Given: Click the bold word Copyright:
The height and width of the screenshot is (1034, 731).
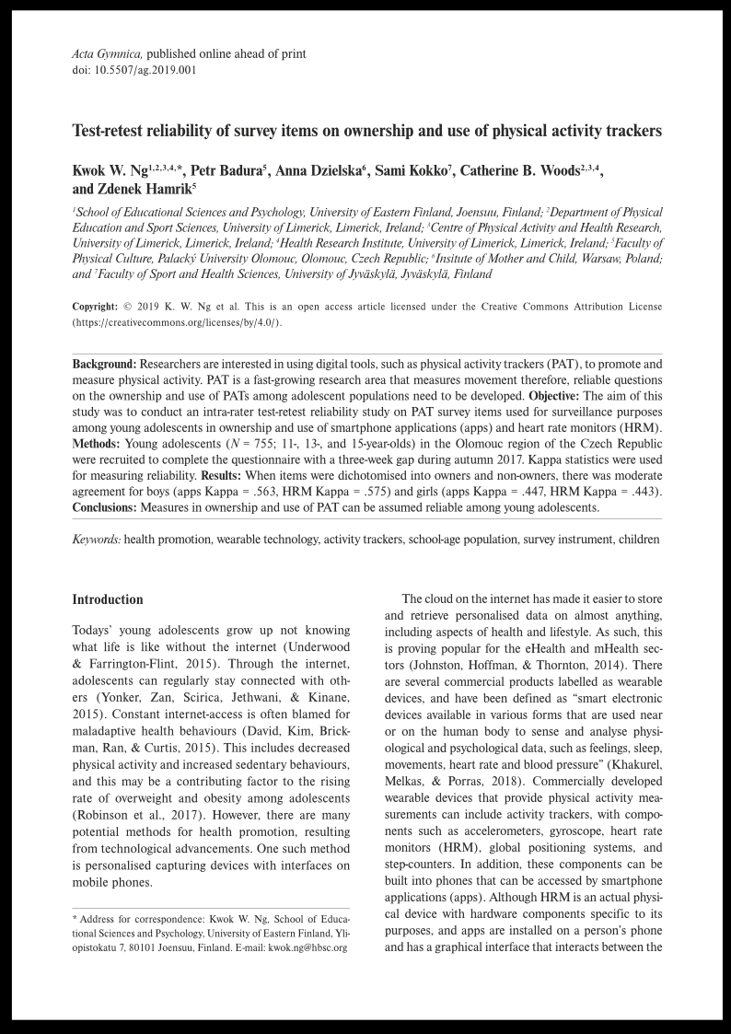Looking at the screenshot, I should pyautogui.click(x=95, y=307).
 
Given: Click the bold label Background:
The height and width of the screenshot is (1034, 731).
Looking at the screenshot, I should pyautogui.click(x=104, y=364).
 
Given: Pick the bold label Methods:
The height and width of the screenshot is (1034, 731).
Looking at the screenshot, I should pyautogui.click(x=97, y=444).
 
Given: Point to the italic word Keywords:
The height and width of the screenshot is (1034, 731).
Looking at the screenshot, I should pyautogui.click(x=97, y=540).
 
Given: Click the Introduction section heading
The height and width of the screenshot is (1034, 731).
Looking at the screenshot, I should pyautogui.click(x=108, y=600).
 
